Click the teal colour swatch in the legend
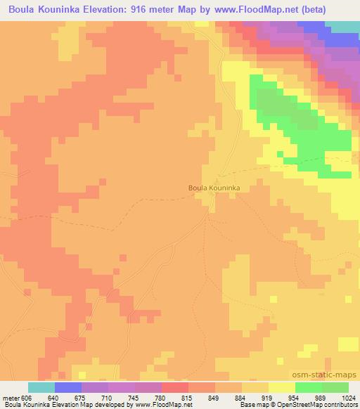point(41,387)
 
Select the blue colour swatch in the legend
point(68,387)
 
